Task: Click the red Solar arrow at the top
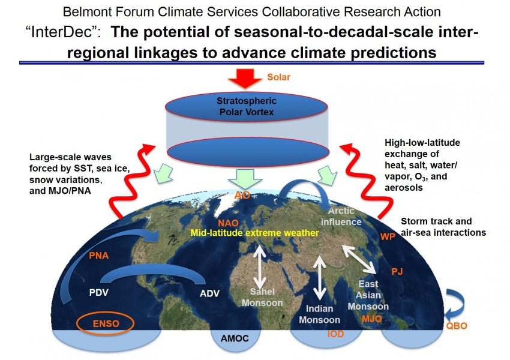coord(245,79)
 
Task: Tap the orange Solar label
coord(278,77)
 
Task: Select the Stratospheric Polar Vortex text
coord(247,106)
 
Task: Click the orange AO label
coord(242,195)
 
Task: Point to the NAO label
coord(228,223)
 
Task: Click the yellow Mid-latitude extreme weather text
coord(254,233)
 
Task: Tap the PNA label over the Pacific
coord(99,256)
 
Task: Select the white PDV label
coord(99,293)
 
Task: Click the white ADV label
coord(209,293)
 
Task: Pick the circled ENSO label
coord(106,323)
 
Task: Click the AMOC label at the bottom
coord(235,338)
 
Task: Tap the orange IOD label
coord(335,334)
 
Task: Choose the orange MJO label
coord(372,319)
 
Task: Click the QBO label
coord(457,326)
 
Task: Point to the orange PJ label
coord(397,271)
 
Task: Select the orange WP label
coord(388,236)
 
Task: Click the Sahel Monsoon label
coord(262,297)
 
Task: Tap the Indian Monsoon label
coord(319,314)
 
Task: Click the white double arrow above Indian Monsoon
coord(319,278)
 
